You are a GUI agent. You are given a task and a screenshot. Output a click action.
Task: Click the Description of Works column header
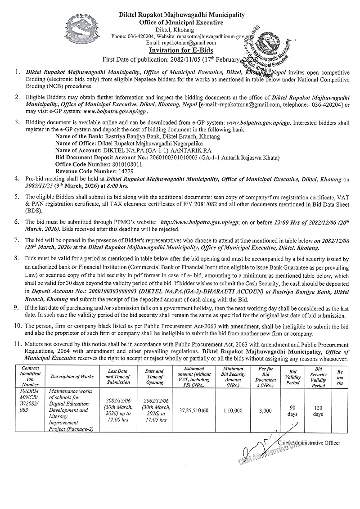72,376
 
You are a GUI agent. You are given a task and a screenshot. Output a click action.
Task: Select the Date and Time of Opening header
155,376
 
